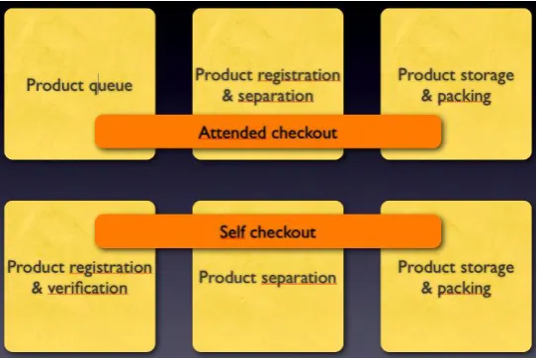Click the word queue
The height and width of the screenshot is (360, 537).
click(x=111, y=86)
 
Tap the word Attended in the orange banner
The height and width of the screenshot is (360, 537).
click(x=232, y=133)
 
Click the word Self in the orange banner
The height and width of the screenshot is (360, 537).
click(x=231, y=231)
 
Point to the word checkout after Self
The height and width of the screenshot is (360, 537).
click(x=282, y=231)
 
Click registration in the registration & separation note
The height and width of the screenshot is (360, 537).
click(x=299, y=75)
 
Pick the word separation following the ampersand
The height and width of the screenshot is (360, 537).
click(x=276, y=96)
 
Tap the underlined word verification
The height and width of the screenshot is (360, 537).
click(x=87, y=288)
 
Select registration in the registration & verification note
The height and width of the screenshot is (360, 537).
click(x=111, y=267)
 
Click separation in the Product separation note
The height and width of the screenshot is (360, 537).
click(x=299, y=278)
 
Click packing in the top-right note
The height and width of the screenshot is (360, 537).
click(x=464, y=96)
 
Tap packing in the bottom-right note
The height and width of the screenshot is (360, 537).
click(x=464, y=289)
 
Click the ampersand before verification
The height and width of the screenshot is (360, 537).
click(x=37, y=288)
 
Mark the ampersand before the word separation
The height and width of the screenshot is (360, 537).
click(x=227, y=96)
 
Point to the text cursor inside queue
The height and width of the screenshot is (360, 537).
click(x=99, y=84)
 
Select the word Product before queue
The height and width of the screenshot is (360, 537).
click(x=55, y=85)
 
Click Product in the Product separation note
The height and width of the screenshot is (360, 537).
click(x=227, y=277)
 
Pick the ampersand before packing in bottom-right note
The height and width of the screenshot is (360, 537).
click(x=426, y=288)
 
